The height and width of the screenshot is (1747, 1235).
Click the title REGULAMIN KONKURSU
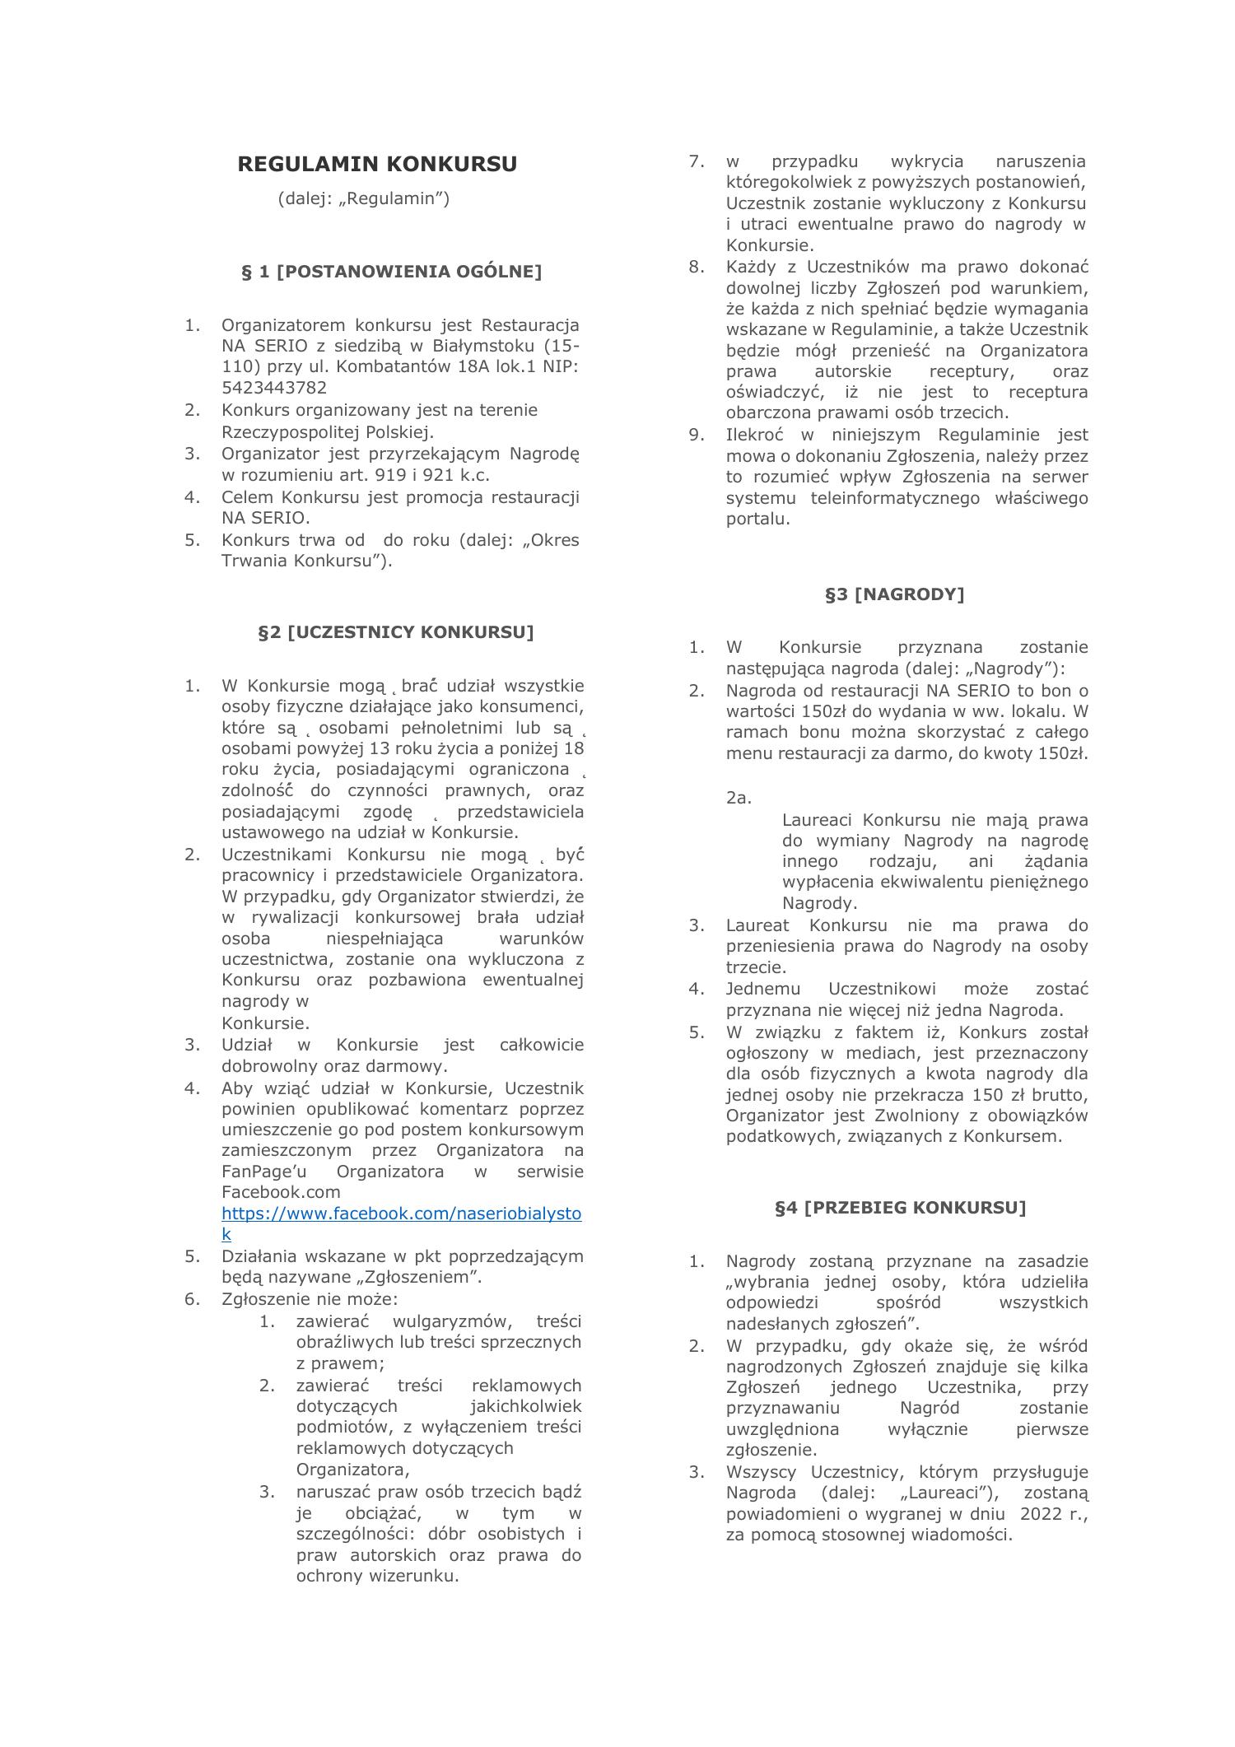[377, 164]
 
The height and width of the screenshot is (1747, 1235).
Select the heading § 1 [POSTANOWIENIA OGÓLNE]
[392, 272]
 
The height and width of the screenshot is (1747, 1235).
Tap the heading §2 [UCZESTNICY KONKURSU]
[396, 631]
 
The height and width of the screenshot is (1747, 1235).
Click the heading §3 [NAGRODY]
[894, 594]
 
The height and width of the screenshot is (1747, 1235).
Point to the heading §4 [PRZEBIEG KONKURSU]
[900, 1207]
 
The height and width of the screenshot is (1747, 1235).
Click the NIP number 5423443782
[273, 388]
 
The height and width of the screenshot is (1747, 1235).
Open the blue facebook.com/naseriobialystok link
[401, 1214]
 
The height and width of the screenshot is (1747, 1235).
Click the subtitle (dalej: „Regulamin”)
[364, 198]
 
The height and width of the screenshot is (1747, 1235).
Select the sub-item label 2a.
[739, 797]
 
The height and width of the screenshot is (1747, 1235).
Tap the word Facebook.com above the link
[281, 1191]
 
